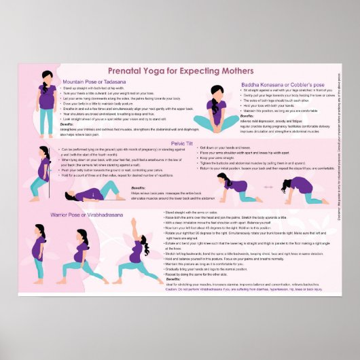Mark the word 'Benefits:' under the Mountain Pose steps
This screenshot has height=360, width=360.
(x=67, y=124)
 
